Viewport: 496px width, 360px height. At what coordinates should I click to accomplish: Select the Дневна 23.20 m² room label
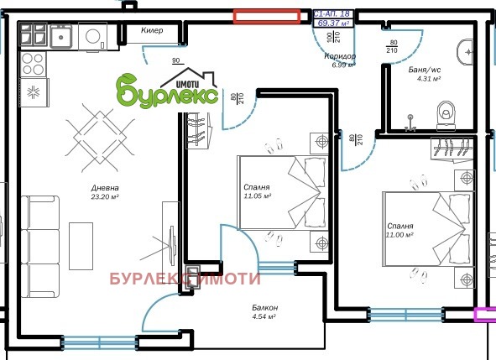click(x=106, y=192)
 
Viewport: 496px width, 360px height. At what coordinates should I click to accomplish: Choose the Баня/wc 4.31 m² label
click(x=429, y=74)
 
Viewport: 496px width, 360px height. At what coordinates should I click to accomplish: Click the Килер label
click(x=151, y=30)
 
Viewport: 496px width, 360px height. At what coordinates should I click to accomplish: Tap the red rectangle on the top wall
click(x=266, y=14)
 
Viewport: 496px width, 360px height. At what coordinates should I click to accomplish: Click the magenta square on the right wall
click(x=485, y=315)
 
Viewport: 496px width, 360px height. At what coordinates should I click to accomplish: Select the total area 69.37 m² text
click(x=333, y=23)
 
